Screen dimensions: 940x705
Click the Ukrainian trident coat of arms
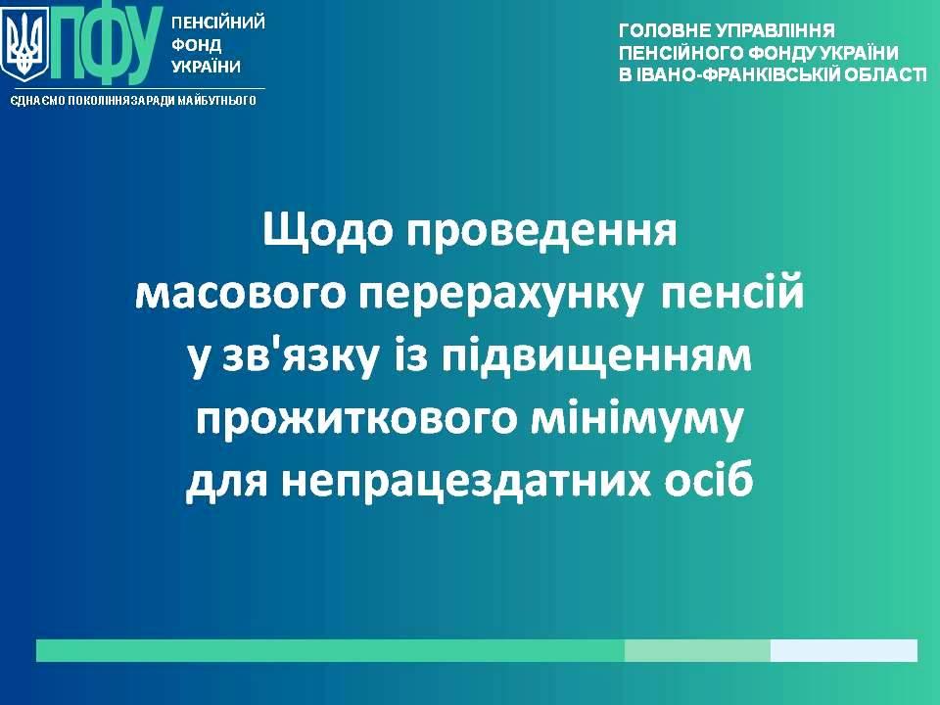point(24,46)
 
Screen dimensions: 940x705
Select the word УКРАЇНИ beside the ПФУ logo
point(207,66)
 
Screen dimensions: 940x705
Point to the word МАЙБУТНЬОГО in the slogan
point(217,100)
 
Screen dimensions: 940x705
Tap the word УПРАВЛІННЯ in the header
point(775,30)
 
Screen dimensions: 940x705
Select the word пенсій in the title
point(731,292)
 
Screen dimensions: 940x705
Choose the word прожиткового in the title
point(355,420)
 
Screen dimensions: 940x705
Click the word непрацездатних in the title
point(466,481)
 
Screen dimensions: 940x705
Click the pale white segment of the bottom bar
point(843,650)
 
